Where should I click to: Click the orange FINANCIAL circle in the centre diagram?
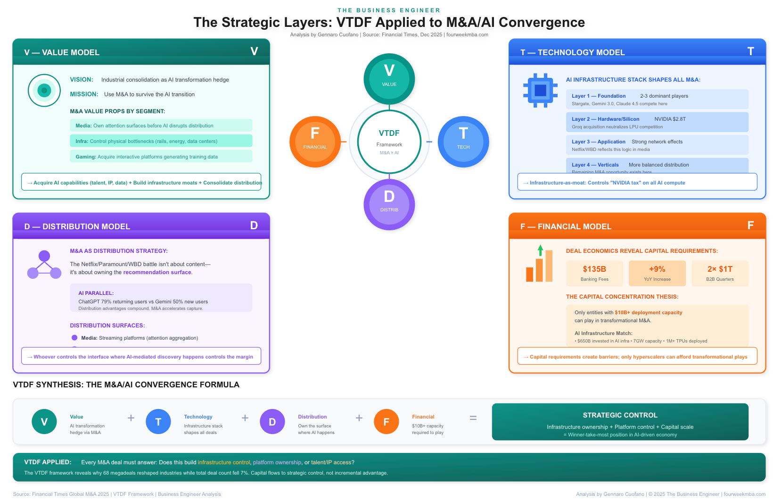[x=315, y=142]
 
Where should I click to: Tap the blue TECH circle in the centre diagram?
[x=463, y=142]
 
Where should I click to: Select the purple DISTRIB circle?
[x=389, y=204]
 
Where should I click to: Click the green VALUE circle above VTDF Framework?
[x=389, y=79]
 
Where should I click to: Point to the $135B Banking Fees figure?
[x=594, y=273]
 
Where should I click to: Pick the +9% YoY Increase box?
[x=657, y=273]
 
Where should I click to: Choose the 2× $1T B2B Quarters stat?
[x=720, y=273]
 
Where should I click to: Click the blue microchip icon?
[x=540, y=90]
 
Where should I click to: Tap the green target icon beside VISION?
[x=44, y=91]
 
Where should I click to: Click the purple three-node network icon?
[x=44, y=265]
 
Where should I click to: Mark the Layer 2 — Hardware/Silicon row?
[x=657, y=122]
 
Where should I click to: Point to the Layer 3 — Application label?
[x=599, y=142]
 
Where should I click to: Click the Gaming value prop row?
[x=161, y=157]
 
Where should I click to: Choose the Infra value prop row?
[x=161, y=141]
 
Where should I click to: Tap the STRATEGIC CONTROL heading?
[x=620, y=415]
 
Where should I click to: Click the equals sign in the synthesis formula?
[x=473, y=418]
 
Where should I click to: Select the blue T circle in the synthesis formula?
[x=158, y=422]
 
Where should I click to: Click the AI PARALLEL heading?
[x=96, y=293]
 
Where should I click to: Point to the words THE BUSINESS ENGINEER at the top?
[x=389, y=10]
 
